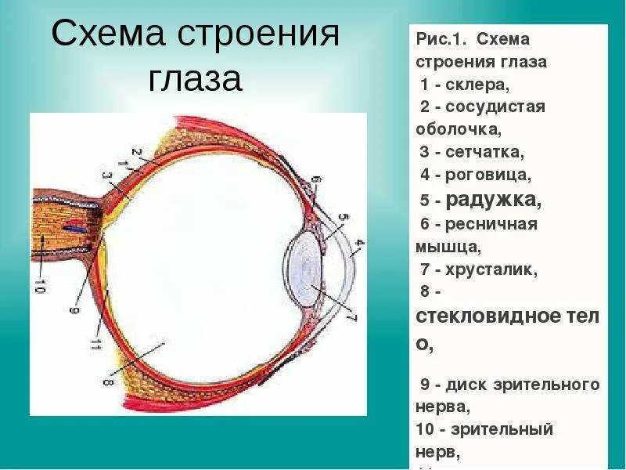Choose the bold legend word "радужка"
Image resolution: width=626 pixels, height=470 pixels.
(493, 199)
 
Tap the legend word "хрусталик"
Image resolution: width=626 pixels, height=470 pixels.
(492, 270)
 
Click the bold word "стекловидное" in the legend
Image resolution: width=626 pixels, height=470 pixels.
(497, 317)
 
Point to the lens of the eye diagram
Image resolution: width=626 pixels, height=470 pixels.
(306, 269)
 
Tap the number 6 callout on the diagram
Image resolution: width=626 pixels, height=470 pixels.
(316, 183)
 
